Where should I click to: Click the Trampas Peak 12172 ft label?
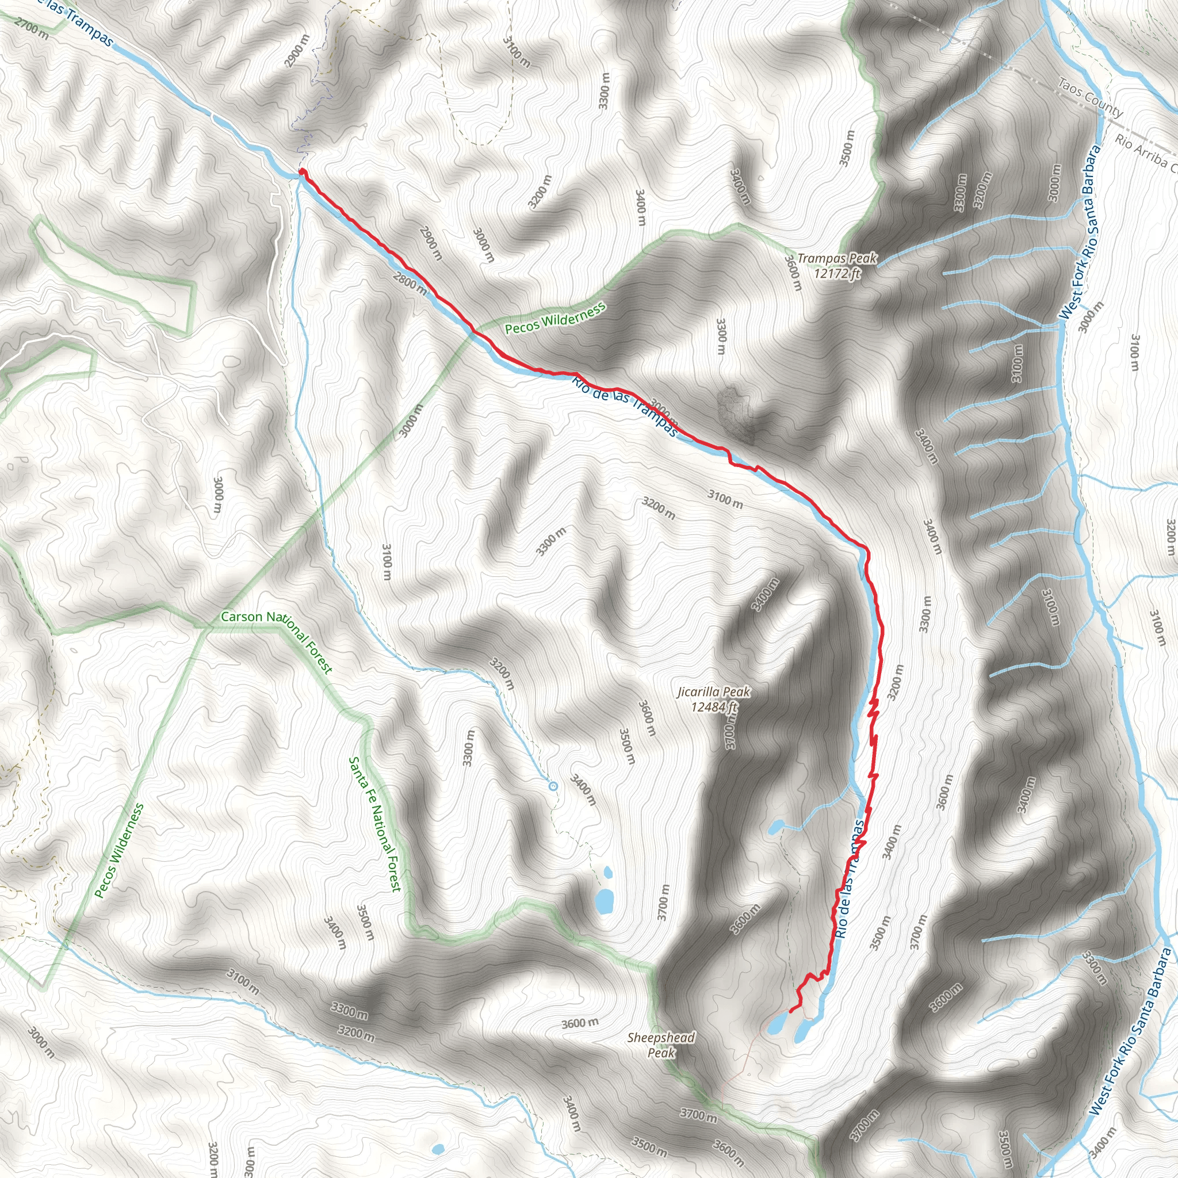tap(836, 266)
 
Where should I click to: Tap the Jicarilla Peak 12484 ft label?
tap(713, 699)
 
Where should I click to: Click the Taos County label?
tap(1090, 98)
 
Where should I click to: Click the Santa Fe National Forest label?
tap(374, 824)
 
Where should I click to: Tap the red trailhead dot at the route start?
tap(302, 173)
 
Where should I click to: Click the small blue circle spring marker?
tap(553, 786)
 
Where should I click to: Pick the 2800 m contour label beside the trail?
tap(410, 282)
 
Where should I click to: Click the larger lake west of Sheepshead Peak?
tap(605, 901)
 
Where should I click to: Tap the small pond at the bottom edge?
tap(437, 1149)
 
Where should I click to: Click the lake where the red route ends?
tap(778, 1023)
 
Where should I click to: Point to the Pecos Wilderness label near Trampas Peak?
tap(556, 318)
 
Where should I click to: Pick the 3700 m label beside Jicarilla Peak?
tap(730, 732)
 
